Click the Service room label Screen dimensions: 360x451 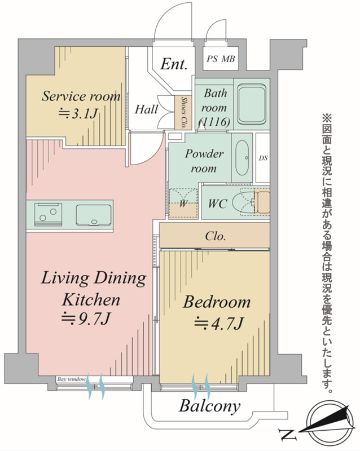[x=81, y=96]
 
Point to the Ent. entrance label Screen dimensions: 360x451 [x=174, y=64]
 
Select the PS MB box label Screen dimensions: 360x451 [x=221, y=59]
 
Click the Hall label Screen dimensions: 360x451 [x=147, y=109]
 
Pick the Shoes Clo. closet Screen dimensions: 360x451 [x=183, y=112]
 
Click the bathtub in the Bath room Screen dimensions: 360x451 [x=252, y=104]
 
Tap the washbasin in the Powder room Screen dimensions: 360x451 [x=242, y=158]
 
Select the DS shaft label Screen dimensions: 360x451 [x=263, y=158]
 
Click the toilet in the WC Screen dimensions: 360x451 [x=251, y=202]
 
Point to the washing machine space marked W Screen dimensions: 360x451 [x=183, y=204]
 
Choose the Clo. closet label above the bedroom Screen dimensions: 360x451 [x=216, y=236]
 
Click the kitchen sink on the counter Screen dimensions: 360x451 [x=94, y=215]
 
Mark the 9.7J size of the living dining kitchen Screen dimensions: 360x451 [x=86, y=319]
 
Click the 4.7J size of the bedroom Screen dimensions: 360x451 [x=219, y=323]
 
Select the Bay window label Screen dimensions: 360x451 [x=71, y=379]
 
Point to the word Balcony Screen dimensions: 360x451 [x=209, y=406]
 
